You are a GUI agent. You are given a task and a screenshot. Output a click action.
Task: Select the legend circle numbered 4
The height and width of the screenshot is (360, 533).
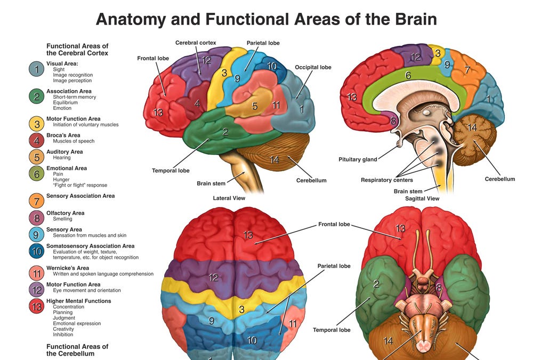[36, 140]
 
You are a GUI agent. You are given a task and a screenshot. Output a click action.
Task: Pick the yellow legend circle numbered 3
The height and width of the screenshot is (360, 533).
[36, 124]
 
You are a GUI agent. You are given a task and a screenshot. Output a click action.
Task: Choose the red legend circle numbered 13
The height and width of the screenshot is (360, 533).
[36, 307]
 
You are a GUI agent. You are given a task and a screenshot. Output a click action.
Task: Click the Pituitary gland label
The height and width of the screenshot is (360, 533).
[358, 159]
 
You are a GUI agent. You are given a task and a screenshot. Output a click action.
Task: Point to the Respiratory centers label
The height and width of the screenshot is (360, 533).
[386, 180]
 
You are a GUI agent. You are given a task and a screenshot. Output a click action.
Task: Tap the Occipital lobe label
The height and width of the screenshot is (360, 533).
[313, 68]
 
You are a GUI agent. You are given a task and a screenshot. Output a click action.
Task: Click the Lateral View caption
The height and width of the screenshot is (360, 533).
[229, 198]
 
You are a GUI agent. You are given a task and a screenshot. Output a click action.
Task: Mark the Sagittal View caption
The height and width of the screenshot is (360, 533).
[422, 198]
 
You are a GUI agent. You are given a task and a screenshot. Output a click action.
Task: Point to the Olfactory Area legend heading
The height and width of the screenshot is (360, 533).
[65, 213]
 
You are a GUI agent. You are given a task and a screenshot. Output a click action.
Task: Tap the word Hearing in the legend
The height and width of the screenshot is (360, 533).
[62, 158]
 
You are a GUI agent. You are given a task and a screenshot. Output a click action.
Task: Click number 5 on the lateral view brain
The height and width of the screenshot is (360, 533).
[255, 106]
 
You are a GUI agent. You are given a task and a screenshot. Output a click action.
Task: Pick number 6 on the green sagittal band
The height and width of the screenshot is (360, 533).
[408, 76]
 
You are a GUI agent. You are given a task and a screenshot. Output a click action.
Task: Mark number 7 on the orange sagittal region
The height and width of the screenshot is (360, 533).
[467, 69]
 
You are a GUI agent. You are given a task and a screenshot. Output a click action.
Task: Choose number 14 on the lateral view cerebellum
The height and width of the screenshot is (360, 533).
[274, 159]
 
